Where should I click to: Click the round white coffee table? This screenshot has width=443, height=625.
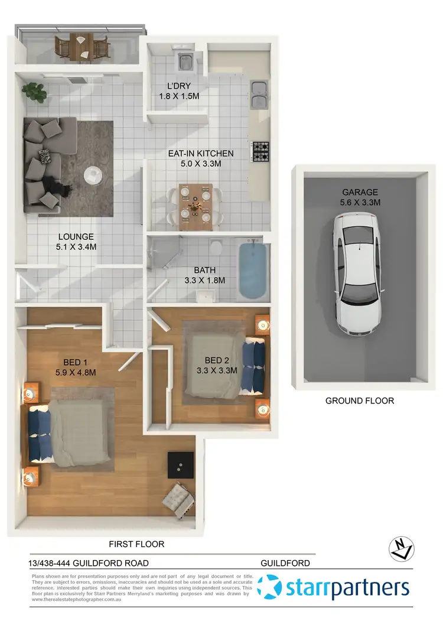93,175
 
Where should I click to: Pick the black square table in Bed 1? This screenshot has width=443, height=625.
180,465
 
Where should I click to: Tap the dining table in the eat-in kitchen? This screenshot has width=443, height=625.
196,206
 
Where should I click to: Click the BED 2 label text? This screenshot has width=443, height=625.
217,360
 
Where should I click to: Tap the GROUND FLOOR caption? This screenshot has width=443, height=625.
359,401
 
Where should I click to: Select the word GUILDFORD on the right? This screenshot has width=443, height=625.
285,563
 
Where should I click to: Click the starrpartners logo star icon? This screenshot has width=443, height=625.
271,588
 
